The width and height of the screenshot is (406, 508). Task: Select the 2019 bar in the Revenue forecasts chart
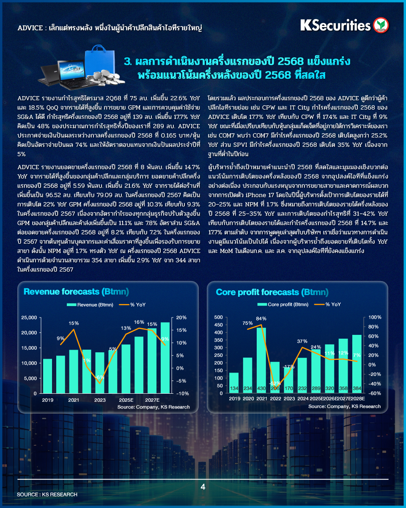(x=48, y=376)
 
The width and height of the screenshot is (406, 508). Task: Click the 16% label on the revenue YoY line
(x=139, y=322)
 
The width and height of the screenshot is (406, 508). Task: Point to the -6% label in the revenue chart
(x=100, y=377)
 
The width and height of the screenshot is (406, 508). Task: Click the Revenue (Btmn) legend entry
(x=87, y=304)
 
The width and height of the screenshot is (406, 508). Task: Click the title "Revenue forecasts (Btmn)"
(x=76, y=292)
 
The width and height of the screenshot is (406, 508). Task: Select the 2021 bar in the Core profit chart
(x=261, y=360)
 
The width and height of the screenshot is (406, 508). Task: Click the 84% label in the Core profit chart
(x=261, y=318)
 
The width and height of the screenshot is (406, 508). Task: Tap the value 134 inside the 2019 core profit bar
(x=234, y=389)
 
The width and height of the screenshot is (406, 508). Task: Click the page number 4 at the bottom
(x=203, y=487)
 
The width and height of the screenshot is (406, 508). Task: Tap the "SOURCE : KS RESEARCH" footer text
(x=47, y=494)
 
